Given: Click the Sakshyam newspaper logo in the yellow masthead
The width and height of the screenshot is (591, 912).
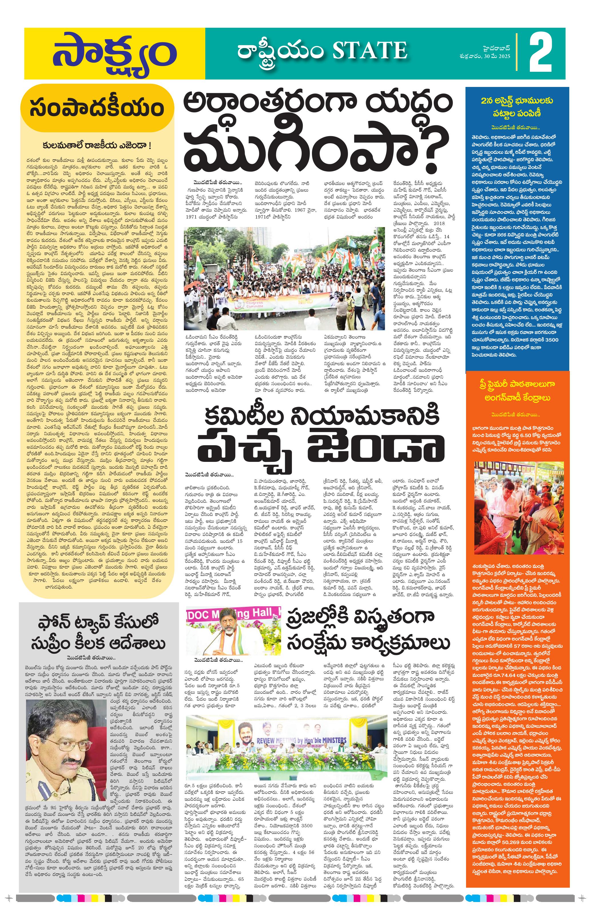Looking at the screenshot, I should [x=114, y=54].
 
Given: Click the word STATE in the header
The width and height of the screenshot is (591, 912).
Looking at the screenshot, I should [x=369, y=51].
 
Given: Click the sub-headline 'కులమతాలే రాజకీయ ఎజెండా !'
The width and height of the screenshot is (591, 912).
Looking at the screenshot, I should [x=97, y=145].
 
